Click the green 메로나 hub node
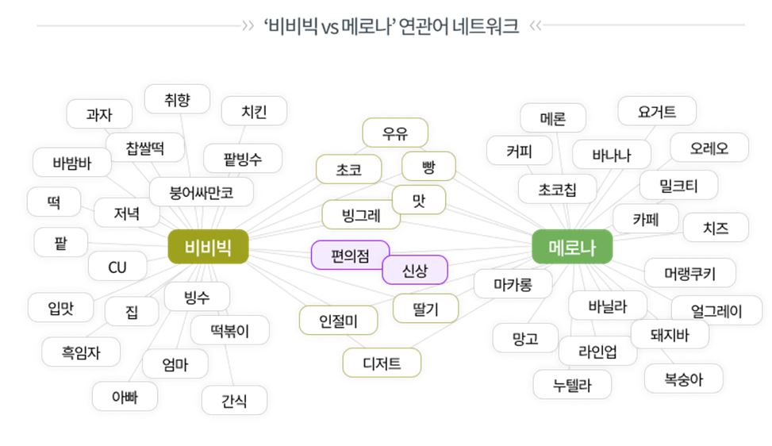tap(571, 247)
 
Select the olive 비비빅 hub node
tap(208, 247)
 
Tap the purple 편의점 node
tap(349, 256)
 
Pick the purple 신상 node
tap(414, 270)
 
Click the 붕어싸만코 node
tap(202, 191)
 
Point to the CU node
tap(117, 267)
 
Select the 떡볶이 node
tap(229, 330)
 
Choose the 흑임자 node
tap(80, 351)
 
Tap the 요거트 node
tap(656, 112)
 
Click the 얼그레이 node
tap(716, 310)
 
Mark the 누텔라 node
tap(571, 385)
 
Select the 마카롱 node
tap(512, 283)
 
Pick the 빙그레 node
tap(360, 214)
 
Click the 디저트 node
tap(381, 363)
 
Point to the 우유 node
tap(394, 133)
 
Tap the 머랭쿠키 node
tap(689, 273)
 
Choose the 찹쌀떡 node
tap(155, 148)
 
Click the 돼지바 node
tap(669, 334)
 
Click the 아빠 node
tap(124, 396)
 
